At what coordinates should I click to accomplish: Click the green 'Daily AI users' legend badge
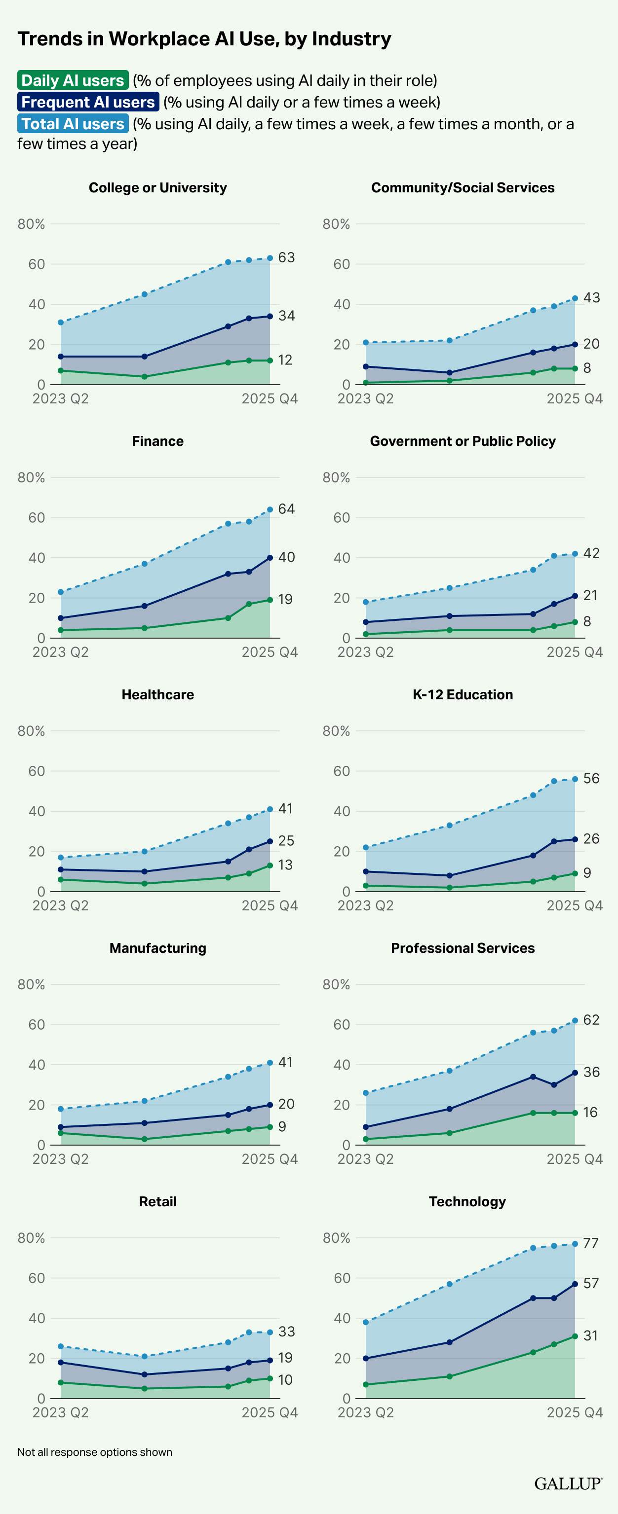(x=73, y=80)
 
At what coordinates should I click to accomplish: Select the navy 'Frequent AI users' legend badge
(x=88, y=102)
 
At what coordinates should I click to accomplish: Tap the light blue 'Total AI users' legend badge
(x=73, y=123)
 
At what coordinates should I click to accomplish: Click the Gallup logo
(x=568, y=1483)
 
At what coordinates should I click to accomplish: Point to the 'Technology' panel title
(x=467, y=1201)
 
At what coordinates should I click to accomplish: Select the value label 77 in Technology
(x=590, y=1243)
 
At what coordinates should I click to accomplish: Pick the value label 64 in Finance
(x=286, y=508)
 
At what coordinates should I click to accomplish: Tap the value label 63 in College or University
(x=286, y=257)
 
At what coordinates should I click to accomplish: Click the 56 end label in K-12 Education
(x=591, y=778)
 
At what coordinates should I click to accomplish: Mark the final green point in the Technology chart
(x=575, y=1336)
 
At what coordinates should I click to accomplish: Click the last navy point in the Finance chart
(x=270, y=558)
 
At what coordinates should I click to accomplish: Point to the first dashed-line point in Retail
(x=61, y=1346)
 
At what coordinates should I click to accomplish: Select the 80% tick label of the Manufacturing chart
(x=31, y=984)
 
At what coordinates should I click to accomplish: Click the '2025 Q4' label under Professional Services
(x=575, y=1158)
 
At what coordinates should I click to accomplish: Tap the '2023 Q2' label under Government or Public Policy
(x=365, y=652)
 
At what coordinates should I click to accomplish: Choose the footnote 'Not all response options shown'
(x=95, y=1452)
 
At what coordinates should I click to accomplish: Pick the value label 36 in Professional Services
(x=591, y=1072)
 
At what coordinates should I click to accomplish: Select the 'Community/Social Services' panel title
(x=463, y=187)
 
